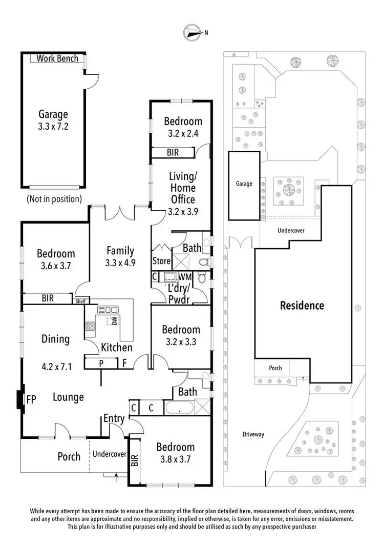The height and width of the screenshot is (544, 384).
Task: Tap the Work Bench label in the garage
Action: coord(57,58)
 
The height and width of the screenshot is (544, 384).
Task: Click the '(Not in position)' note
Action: coord(53,198)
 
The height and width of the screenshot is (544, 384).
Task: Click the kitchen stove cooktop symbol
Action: coord(91,326)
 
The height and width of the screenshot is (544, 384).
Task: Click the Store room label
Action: coord(161,261)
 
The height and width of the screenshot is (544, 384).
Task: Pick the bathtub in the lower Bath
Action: coord(179,409)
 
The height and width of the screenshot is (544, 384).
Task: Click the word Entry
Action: coord(114,418)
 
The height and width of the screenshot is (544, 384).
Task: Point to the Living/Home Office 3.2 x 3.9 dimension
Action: coord(182,210)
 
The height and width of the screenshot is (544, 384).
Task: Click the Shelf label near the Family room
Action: coord(81,301)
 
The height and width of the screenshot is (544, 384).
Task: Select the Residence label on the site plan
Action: coord(302,306)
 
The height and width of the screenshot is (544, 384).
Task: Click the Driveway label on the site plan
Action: coord(253,434)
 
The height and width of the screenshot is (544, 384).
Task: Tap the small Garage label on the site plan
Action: coord(244,184)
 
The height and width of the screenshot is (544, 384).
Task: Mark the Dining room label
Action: coord(55,339)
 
